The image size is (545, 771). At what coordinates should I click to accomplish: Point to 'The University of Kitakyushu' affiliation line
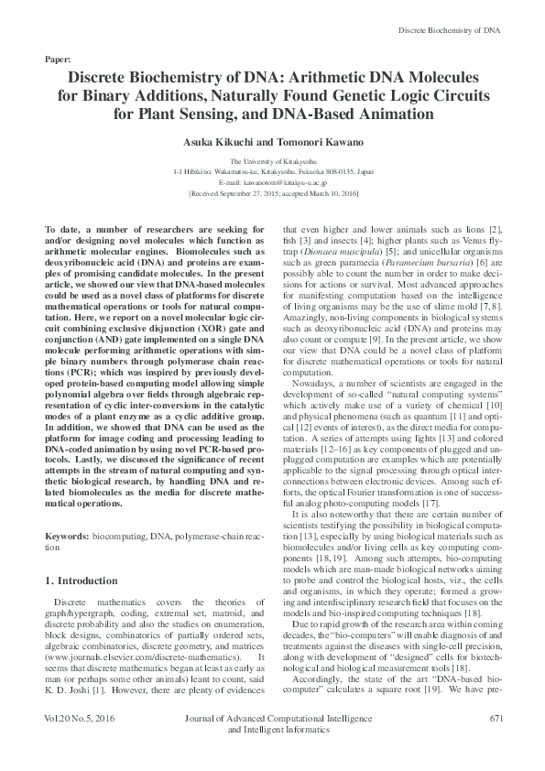[272, 161]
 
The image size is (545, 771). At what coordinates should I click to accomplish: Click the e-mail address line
[272, 182]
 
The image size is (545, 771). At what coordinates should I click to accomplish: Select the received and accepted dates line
[272, 194]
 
